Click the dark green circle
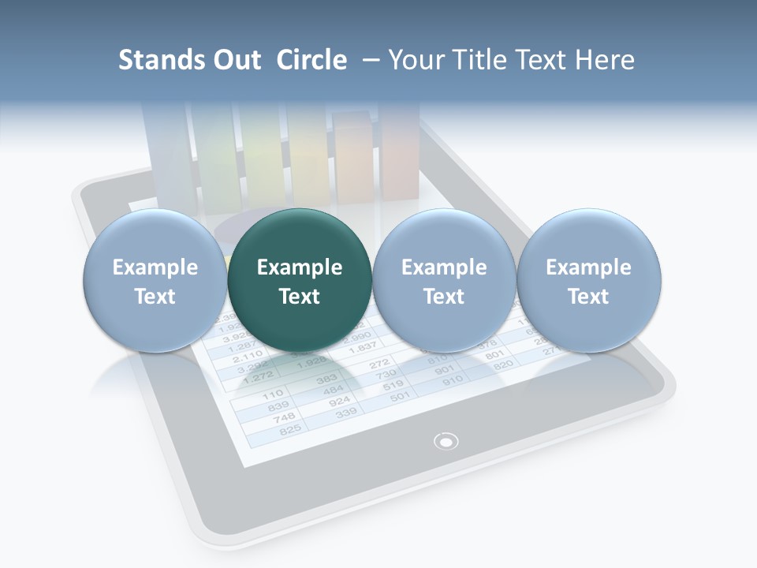(299, 281)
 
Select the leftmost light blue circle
(155, 281)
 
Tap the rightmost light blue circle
(588, 281)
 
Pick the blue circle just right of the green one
(444, 281)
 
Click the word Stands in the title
(162, 60)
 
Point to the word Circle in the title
(311, 60)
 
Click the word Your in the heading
(414, 60)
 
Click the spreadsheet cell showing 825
(291, 429)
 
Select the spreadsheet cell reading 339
(345, 413)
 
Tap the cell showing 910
(453, 381)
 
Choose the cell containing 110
(272, 394)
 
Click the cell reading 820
(503, 365)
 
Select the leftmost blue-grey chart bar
(167, 154)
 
